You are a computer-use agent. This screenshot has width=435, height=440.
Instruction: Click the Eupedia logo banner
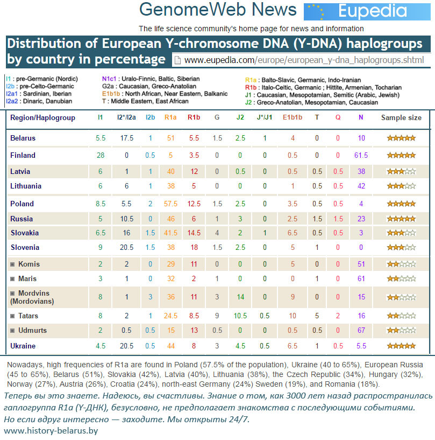pos(369,11)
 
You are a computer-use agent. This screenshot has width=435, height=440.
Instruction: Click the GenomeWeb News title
pos(218,10)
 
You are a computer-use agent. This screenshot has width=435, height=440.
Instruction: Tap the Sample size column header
pos(401,117)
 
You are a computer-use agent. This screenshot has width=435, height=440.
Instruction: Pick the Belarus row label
pos(23,138)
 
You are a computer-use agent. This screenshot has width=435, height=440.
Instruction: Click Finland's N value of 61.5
pos(361,155)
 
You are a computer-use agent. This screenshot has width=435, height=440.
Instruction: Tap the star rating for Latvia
pos(401,171)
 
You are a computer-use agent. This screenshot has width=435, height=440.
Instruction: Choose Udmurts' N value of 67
pos(361,330)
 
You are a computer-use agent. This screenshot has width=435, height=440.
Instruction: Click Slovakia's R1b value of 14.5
pos(194,233)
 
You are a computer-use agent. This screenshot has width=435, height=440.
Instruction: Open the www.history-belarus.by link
pos(51,431)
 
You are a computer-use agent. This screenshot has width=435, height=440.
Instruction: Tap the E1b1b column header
pos(293,117)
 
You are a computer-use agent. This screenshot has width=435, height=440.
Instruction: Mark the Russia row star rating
pos(401,219)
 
